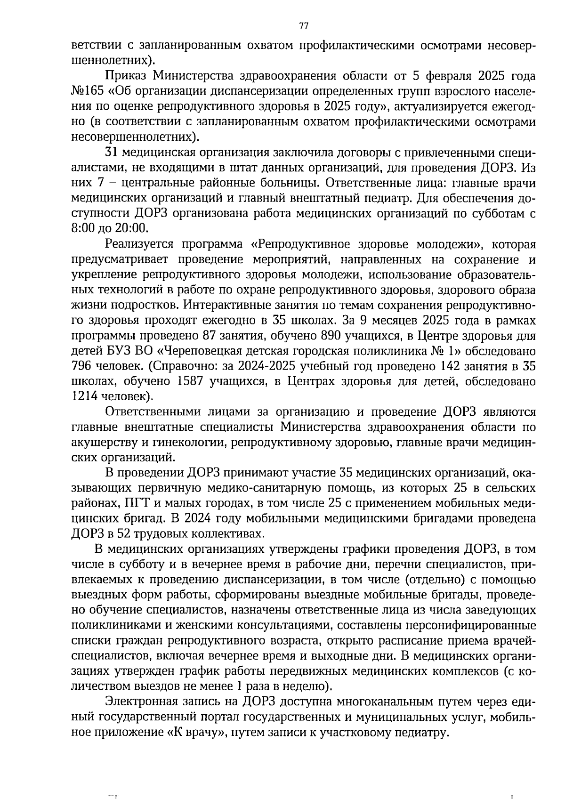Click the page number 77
pyautogui.click(x=303, y=25)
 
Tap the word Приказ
pyautogui.click(x=123, y=76)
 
